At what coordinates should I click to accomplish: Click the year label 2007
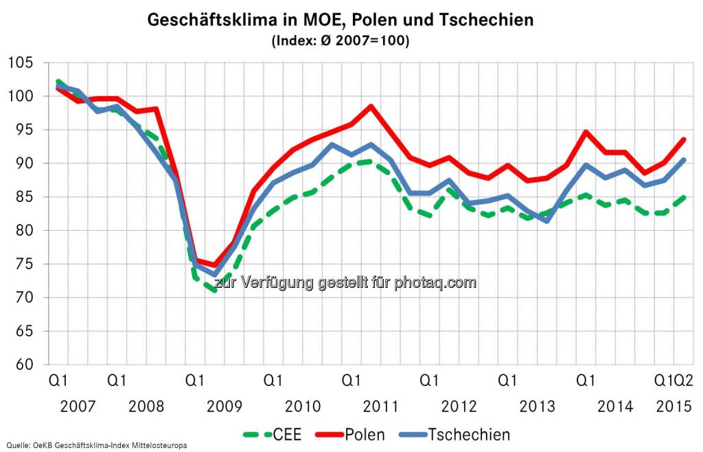[78, 406]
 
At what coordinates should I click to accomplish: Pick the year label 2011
[380, 406]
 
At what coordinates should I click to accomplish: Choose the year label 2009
[224, 406]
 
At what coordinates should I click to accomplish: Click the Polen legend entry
[350, 434]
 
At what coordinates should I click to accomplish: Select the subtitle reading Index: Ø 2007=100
[341, 41]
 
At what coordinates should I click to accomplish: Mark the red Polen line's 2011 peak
[371, 106]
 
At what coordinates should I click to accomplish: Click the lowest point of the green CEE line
[215, 291]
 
